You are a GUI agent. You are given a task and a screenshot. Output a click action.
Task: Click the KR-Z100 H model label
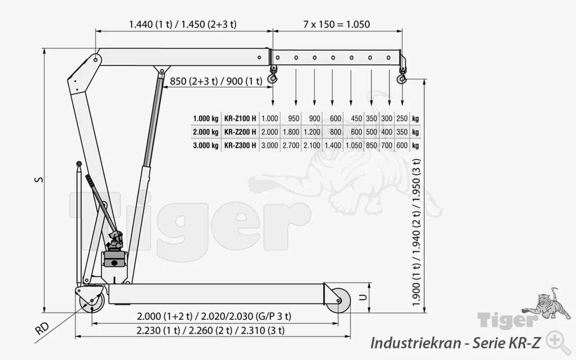point(240,118)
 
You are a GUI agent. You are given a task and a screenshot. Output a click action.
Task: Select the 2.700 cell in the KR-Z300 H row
point(291,145)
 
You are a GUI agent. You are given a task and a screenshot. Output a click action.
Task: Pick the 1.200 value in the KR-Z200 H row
point(312,132)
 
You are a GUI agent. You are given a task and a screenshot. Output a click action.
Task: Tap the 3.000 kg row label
point(206,145)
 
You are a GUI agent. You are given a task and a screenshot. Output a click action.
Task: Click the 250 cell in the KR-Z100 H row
point(402,118)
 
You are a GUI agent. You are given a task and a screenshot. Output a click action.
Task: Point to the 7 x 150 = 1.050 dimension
point(337,24)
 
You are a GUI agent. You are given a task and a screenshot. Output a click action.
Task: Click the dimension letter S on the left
point(39,180)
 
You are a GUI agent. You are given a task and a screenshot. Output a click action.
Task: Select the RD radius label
point(42,328)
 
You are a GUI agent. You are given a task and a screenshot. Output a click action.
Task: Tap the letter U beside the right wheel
point(363,297)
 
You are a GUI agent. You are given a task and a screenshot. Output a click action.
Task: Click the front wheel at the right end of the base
point(338,301)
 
